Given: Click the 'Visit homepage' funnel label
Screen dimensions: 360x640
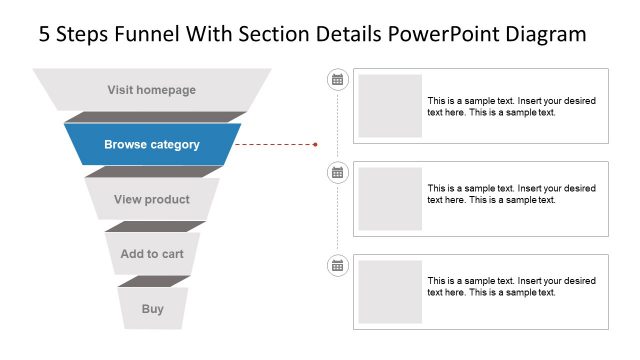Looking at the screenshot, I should coord(152,90).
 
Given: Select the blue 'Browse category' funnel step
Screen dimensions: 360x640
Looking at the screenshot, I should coord(152,144).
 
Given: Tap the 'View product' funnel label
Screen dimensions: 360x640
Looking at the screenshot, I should coord(152,199).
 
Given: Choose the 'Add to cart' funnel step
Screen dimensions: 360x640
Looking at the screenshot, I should coord(152,254).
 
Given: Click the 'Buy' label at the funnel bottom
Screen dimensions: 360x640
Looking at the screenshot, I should coord(152,309).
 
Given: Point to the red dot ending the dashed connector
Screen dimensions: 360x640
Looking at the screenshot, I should coord(315,144).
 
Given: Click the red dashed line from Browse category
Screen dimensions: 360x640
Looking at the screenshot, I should coord(275,144).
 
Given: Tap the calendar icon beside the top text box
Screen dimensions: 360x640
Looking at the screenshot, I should coord(337,79).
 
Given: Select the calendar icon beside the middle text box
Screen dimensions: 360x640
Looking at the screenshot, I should coord(337,172).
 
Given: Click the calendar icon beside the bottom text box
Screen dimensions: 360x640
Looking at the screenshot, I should coord(337,265).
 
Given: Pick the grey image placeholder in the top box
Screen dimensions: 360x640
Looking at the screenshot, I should coord(390,106).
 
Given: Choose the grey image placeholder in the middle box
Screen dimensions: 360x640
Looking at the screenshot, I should coord(390,199).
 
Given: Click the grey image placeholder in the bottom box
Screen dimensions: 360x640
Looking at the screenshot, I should coord(390,292).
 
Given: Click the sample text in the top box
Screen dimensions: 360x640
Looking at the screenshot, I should coord(511,106).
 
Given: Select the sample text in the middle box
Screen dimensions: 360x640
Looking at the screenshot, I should coord(511,193).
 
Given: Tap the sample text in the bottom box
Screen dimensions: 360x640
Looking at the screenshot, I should coord(511,286).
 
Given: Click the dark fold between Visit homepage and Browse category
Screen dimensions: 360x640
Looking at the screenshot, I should coord(152,117).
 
